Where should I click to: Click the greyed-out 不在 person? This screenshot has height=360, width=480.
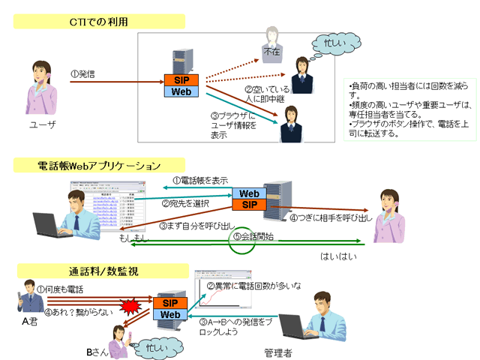point(271,46)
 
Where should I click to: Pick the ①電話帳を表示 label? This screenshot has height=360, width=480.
point(199,181)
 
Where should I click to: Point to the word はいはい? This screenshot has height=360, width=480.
point(336,256)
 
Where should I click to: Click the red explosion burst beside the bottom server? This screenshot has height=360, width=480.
point(131,304)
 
